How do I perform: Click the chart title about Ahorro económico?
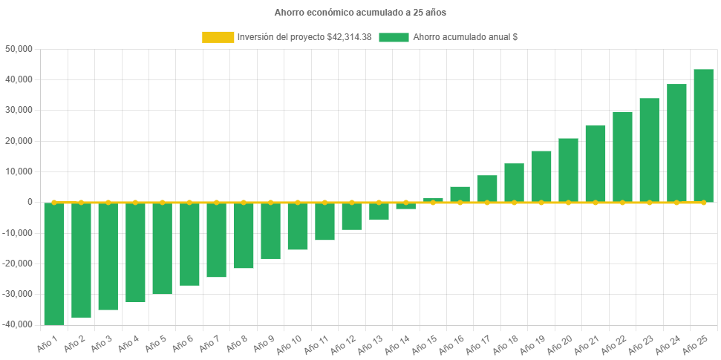[360, 13]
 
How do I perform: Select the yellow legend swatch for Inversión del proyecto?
[217, 37]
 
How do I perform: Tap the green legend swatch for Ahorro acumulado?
[394, 37]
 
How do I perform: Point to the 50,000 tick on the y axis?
[20, 49]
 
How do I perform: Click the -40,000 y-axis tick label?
[19, 324]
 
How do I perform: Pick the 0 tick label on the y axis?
[30, 202]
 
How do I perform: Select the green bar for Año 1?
[54, 264]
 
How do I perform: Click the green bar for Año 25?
[703, 135]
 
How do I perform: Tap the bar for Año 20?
[568, 170]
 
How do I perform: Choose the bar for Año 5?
[163, 248]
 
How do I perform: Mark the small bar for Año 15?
[433, 200]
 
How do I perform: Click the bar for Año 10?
[298, 226]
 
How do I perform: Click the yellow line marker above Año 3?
[108, 202]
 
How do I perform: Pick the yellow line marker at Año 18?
[514, 202]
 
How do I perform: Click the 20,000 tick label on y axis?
[20, 141]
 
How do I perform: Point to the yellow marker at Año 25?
[703, 202]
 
